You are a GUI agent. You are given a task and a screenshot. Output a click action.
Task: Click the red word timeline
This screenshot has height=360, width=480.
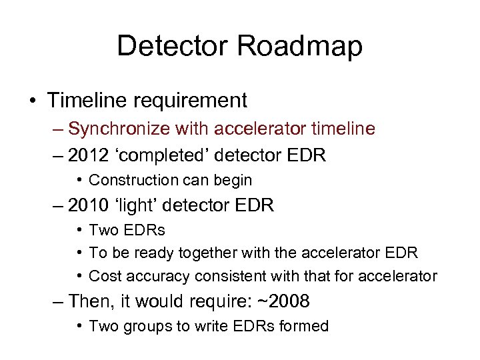click(338, 128)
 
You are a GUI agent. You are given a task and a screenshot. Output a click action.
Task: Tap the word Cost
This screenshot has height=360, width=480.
click(102, 275)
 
